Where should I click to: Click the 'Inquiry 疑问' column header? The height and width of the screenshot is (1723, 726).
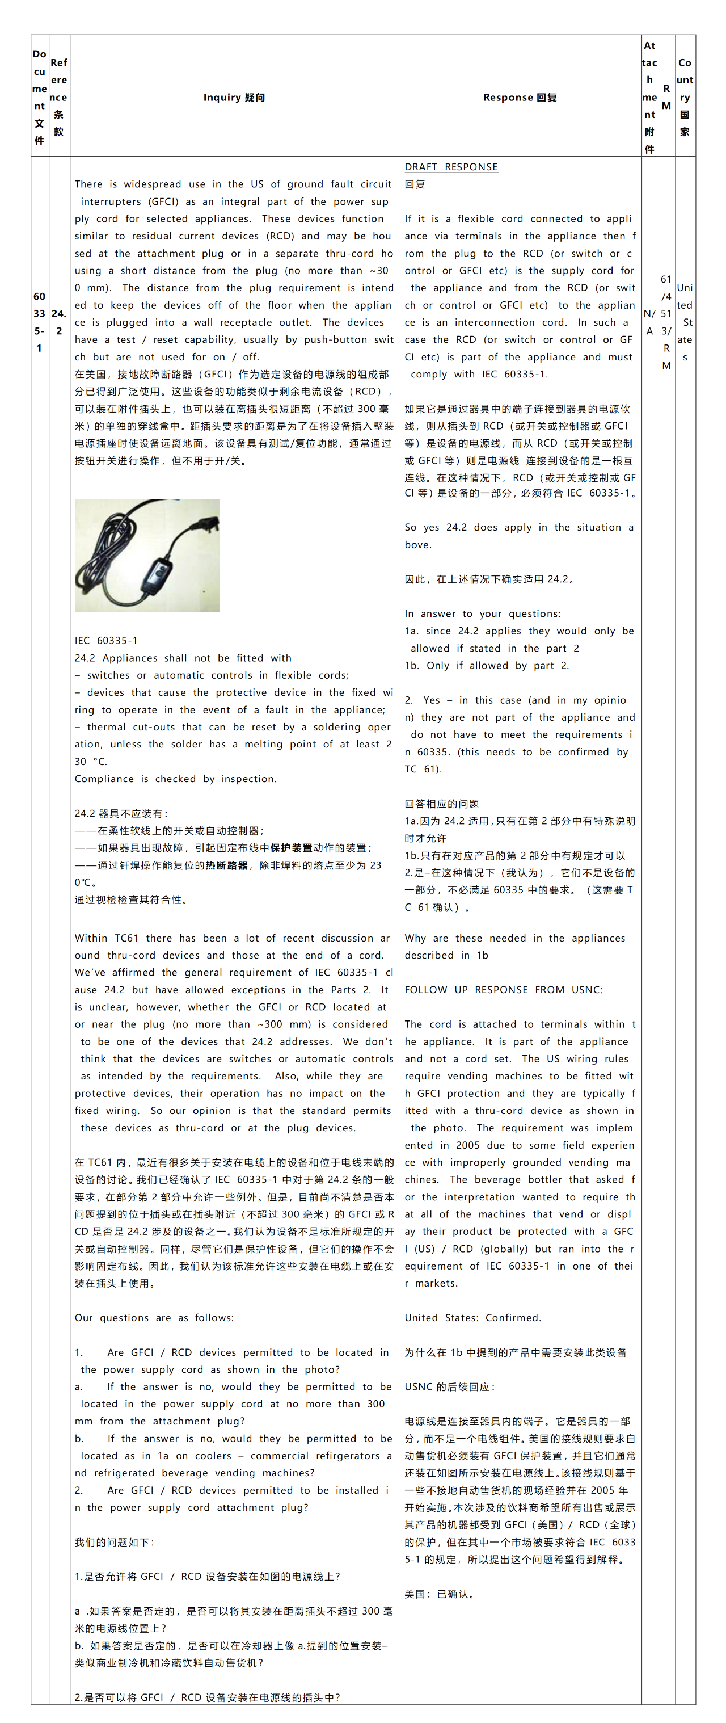click(x=234, y=98)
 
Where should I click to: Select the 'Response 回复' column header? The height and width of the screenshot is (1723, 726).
click(x=520, y=98)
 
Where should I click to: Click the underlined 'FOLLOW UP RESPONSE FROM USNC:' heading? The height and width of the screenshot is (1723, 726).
click(x=504, y=990)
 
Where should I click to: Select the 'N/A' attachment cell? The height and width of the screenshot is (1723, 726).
click(x=649, y=322)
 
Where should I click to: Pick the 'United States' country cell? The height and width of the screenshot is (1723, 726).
click(x=685, y=322)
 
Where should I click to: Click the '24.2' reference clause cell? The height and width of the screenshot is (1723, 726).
click(x=59, y=322)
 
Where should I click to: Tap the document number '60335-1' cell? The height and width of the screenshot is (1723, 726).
click(x=40, y=322)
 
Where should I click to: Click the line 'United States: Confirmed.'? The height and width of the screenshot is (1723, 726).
click(x=472, y=1318)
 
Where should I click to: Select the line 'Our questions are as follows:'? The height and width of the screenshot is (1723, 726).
click(x=154, y=1318)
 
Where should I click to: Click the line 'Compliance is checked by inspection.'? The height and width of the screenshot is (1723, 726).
click(x=175, y=779)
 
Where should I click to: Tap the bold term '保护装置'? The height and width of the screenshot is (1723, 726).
click(x=291, y=847)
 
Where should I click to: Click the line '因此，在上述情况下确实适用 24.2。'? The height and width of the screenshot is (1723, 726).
click(x=489, y=579)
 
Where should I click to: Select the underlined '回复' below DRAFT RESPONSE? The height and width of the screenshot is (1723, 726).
click(x=415, y=184)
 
